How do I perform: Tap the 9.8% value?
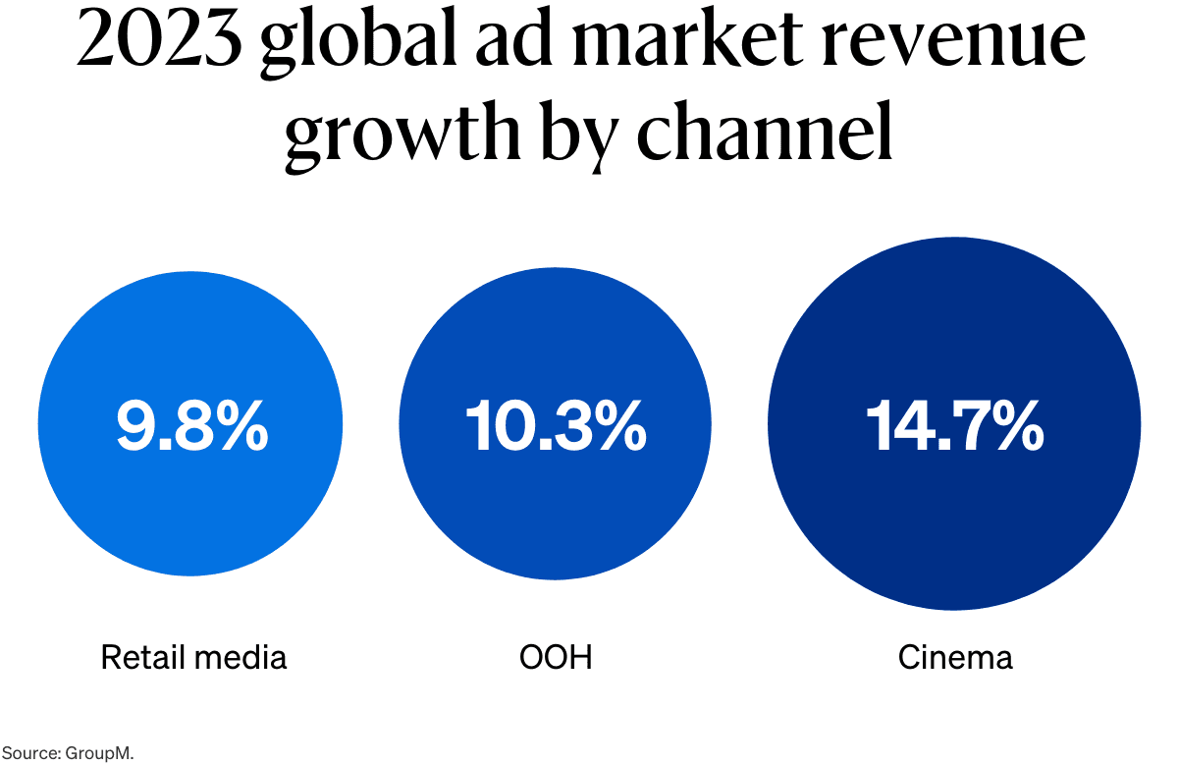[191, 424]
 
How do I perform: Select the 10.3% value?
[555, 424]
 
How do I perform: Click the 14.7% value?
[954, 424]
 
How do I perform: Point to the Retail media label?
[193, 657]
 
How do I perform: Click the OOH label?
[556, 657]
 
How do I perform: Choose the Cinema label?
[954, 657]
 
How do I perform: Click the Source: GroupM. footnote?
[67, 753]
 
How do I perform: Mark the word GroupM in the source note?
[98, 753]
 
